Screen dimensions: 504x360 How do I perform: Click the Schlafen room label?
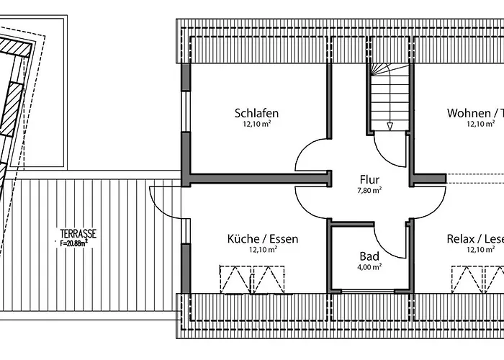click(256, 114)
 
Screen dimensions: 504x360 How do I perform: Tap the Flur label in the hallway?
click(369, 180)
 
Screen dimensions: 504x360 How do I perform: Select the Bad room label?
click(369, 256)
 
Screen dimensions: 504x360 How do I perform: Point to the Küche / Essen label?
click(263, 239)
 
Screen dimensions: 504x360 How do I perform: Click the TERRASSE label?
click(78, 233)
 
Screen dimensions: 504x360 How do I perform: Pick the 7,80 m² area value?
click(369, 190)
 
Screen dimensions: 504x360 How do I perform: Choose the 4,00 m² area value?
click(369, 267)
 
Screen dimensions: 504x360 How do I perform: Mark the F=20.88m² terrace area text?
click(74, 243)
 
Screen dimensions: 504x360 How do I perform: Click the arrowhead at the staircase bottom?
click(390, 126)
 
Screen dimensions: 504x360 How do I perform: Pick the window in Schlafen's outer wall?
click(186, 111)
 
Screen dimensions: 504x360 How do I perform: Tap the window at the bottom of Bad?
click(368, 291)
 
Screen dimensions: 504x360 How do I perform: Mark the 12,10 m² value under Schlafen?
click(256, 124)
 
